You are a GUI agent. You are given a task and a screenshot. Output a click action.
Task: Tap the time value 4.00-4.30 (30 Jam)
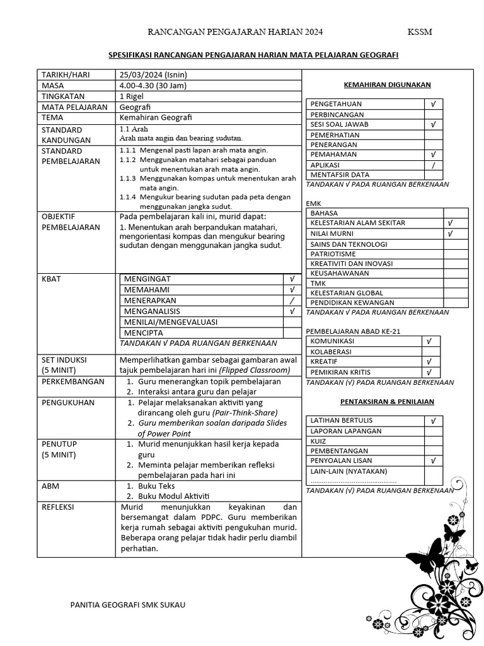(153, 85)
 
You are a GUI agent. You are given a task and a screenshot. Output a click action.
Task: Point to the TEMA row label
(53, 117)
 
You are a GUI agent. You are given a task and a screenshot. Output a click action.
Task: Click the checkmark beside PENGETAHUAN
(433, 103)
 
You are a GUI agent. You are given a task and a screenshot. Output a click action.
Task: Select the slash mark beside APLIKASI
(433, 165)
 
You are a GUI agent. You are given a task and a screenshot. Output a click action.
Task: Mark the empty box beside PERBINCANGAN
(433, 114)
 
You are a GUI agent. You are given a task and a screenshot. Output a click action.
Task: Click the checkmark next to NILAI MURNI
(449, 233)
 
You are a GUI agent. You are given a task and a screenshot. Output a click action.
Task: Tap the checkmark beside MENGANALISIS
(292, 311)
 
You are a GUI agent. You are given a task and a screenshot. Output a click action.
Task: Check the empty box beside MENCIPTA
(292, 332)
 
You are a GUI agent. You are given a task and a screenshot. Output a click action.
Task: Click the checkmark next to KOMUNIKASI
(429, 341)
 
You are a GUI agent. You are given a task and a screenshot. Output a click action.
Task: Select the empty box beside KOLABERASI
(429, 351)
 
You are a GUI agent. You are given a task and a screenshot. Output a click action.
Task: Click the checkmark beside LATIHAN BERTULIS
(433, 420)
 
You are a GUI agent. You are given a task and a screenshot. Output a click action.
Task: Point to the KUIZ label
(318, 441)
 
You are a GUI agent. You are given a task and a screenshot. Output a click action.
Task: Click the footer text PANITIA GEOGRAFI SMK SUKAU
(128, 605)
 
